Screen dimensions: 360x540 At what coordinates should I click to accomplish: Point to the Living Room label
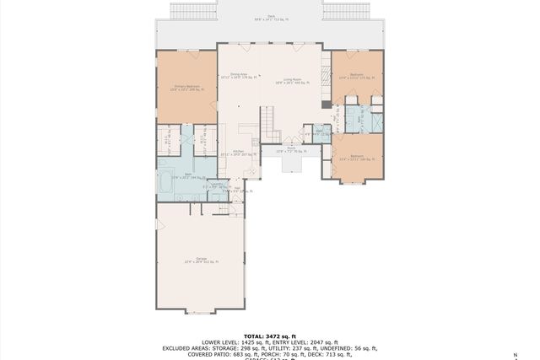point(293,81)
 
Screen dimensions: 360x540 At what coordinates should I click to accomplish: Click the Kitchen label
point(237,153)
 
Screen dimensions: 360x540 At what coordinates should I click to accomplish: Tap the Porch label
point(290,150)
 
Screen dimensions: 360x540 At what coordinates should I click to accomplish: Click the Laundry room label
point(218,185)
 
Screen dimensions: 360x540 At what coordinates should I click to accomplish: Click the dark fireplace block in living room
point(326,105)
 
